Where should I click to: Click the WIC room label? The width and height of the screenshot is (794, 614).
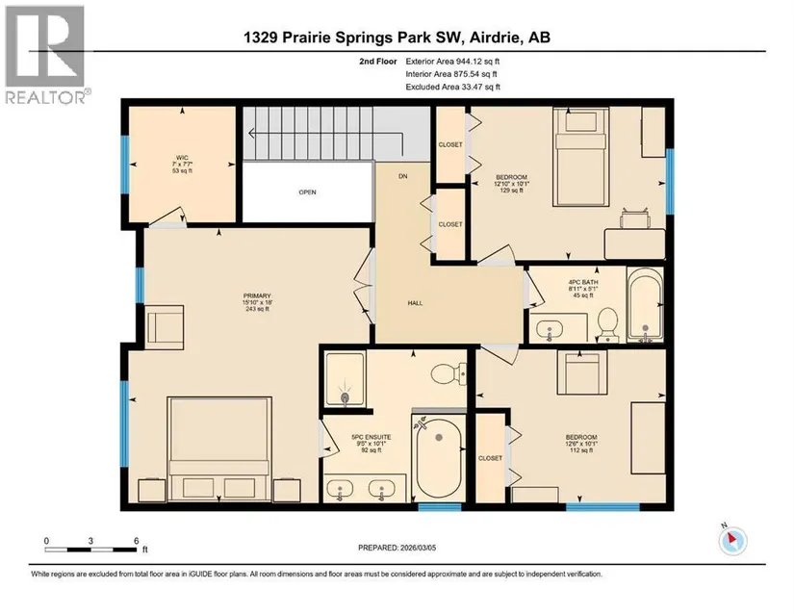(x=182, y=158)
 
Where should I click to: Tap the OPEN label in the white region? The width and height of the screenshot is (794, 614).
(x=307, y=192)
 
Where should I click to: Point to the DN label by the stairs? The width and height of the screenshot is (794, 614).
(x=403, y=176)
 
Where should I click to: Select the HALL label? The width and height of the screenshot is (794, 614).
(x=415, y=303)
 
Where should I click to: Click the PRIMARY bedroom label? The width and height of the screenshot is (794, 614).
(x=257, y=295)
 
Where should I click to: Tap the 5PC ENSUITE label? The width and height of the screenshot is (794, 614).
(x=371, y=437)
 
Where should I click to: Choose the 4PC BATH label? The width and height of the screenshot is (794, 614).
(x=583, y=282)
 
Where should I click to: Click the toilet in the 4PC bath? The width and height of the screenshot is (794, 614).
(x=607, y=324)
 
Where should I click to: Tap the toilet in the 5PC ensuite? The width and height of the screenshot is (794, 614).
(x=448, y=373)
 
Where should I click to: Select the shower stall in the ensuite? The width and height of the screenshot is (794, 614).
(x=345, y=378)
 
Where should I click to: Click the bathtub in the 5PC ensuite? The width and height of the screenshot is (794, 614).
(x=439, y=458)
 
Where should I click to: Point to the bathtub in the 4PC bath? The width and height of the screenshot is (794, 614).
(x=645, y=304)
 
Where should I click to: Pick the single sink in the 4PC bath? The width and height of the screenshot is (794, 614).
(x=549, y=328)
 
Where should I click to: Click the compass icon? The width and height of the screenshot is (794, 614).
(x=732, y=541)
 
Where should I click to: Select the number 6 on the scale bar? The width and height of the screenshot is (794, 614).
(x=137, y=541)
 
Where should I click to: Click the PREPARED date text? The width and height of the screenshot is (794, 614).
(x=397, y=548)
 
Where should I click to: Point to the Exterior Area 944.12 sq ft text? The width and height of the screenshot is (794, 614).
(x=452, y=62)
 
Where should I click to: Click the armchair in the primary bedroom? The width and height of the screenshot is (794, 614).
(x=165, y=327)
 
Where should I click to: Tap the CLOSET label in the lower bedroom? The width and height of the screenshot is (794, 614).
(x=490, y=458)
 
